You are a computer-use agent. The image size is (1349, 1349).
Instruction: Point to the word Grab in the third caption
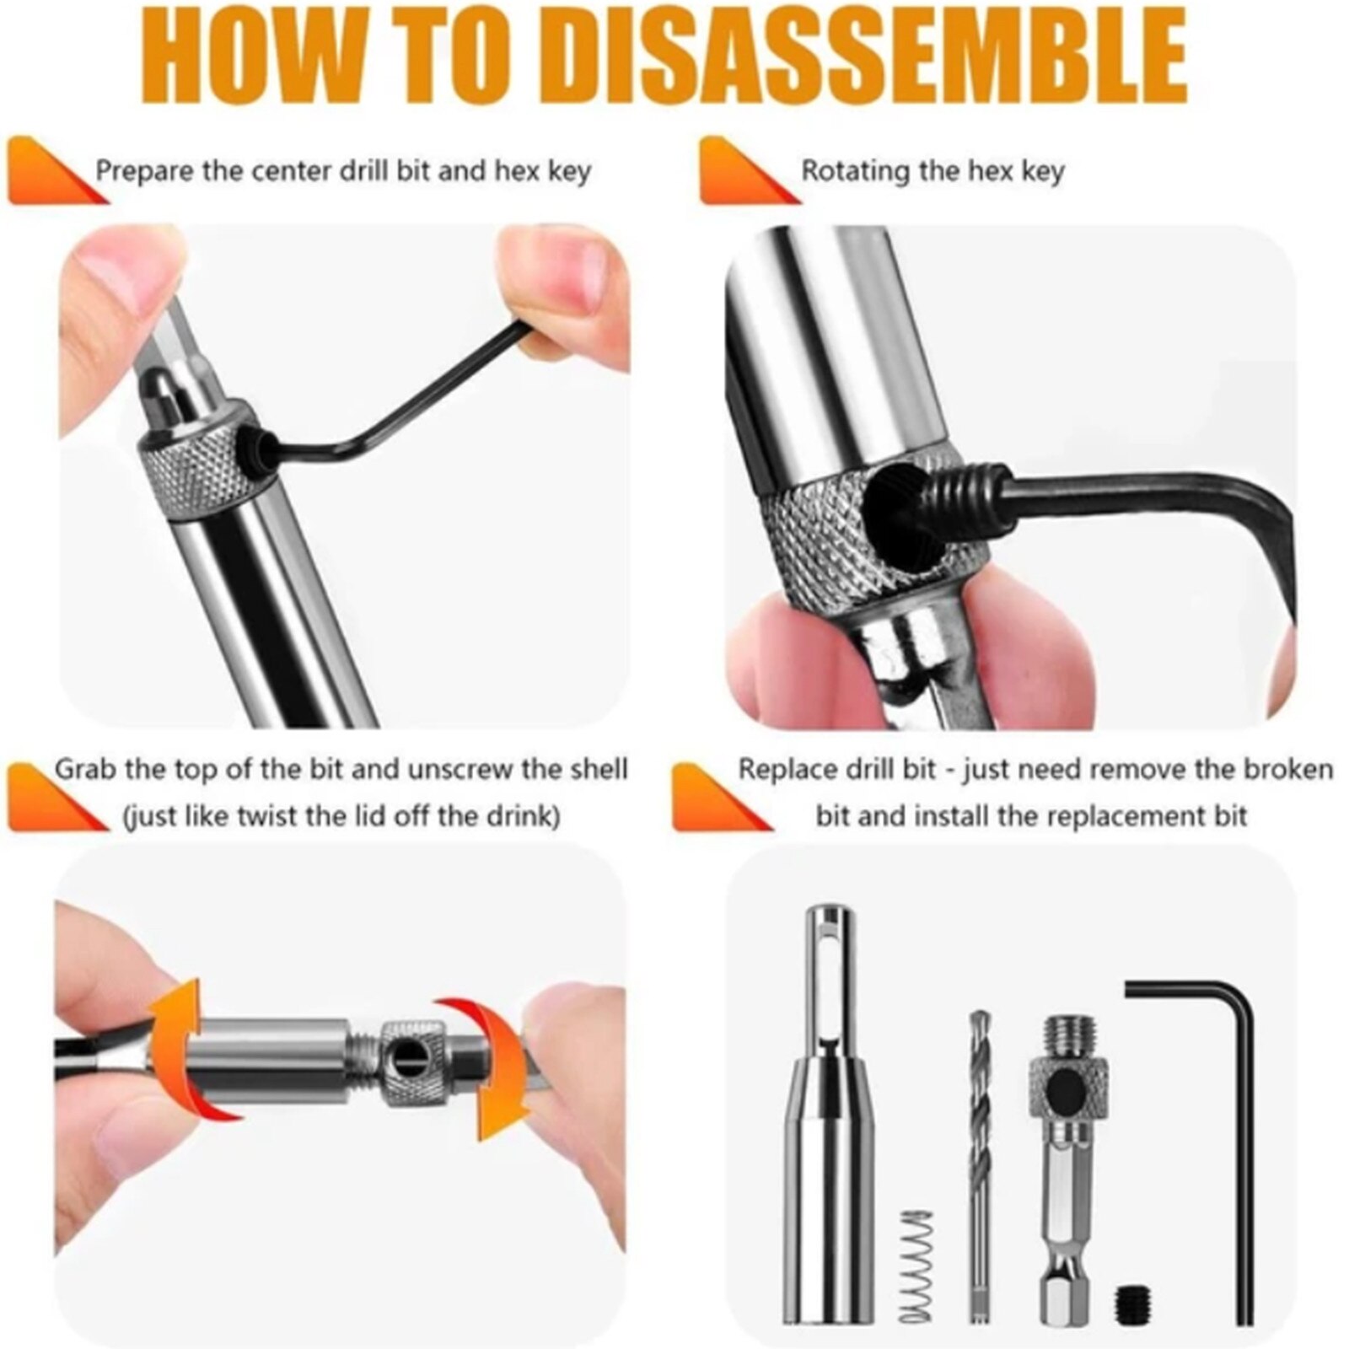[86, 770]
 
